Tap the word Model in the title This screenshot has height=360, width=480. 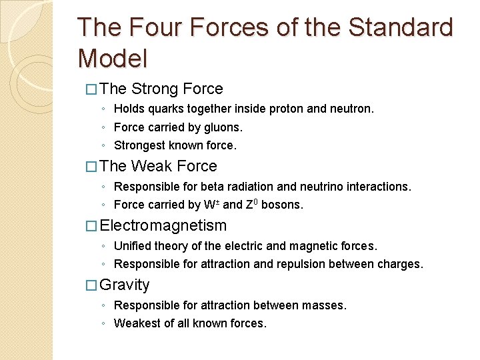(x=112, y=59)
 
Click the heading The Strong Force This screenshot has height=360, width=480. (x=162, y=89)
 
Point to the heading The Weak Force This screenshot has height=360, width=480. (x=159, y=166)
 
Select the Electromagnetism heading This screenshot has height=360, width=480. (x=163, y=225)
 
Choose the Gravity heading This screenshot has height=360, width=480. (x=125, y=285)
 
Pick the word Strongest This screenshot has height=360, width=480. (x=140, y=145)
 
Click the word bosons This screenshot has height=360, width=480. (x=283, y=205)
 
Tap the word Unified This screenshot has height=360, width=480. (x=133, y=246)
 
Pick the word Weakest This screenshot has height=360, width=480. (x=137, y=323)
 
